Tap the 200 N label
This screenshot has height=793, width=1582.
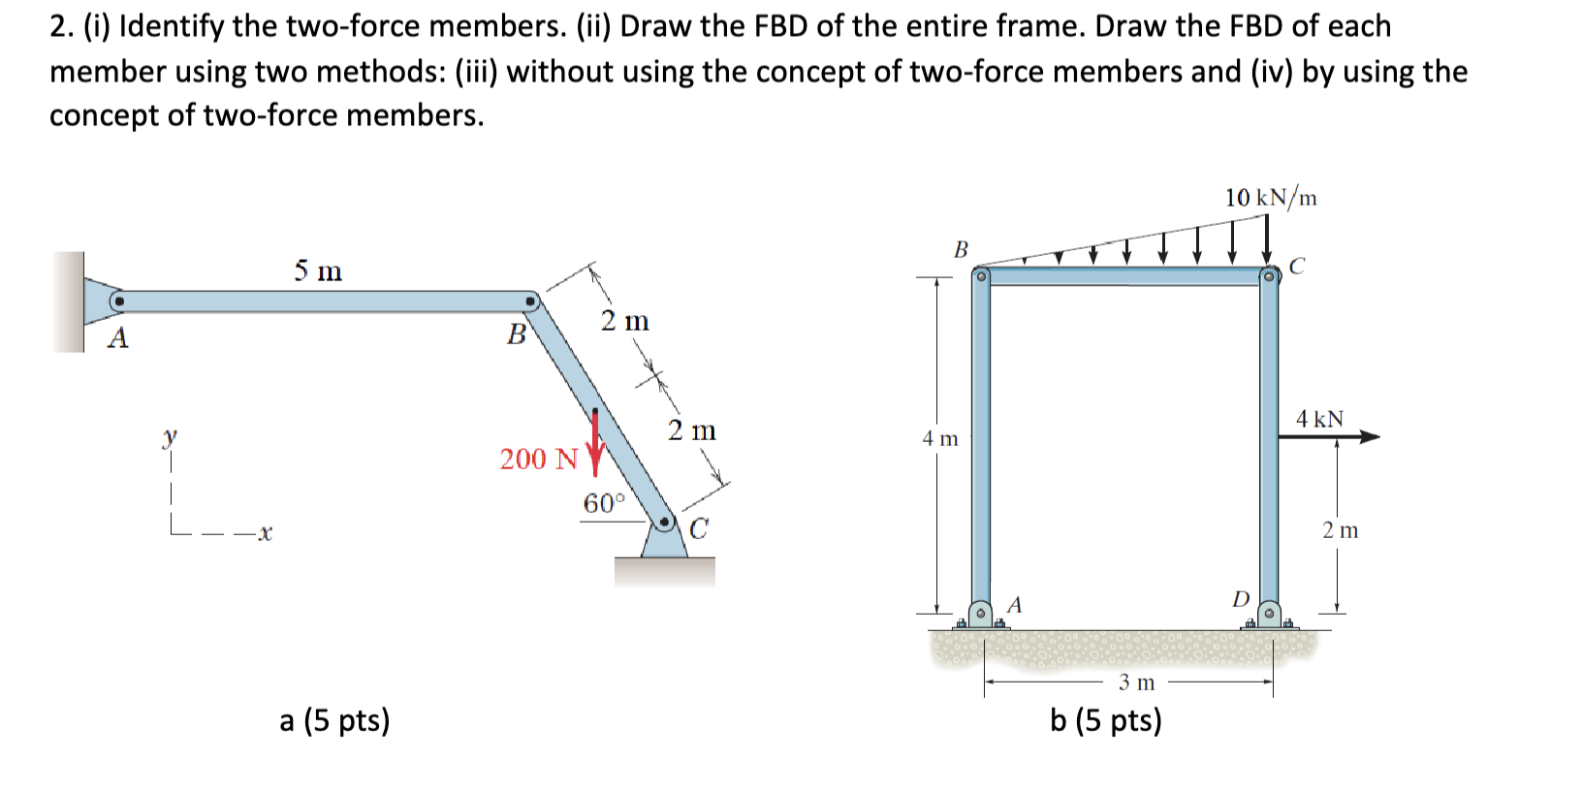(x=538, y=459)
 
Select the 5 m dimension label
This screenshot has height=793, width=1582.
(x=318, y=270)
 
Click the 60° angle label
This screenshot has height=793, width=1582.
(x=604, y=503)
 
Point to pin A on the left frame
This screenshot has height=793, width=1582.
(x=117, y=301)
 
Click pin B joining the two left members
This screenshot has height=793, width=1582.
(x=530, y=301)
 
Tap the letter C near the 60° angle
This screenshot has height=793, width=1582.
(x=698, y=529)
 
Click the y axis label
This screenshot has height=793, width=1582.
(x=171, y=437)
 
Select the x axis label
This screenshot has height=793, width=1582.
(x=265, y=532)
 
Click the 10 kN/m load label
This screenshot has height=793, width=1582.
(x=1270, y=198)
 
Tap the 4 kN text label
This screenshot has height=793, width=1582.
(x=1319, y=419)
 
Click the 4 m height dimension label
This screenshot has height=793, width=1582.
(x=939, y=438)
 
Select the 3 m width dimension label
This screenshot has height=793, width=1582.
(x=1136, y=682)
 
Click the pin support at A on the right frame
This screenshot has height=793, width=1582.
(x=981, y=614)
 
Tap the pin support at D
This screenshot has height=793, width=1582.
(x=1269, y=614)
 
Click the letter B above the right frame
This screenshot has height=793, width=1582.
(x=961, y=250)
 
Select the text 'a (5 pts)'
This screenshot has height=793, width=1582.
(x=334, y=720)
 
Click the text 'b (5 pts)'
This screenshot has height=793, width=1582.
(x=1105, y=720)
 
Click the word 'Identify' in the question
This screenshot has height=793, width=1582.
(x=171, y=26)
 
